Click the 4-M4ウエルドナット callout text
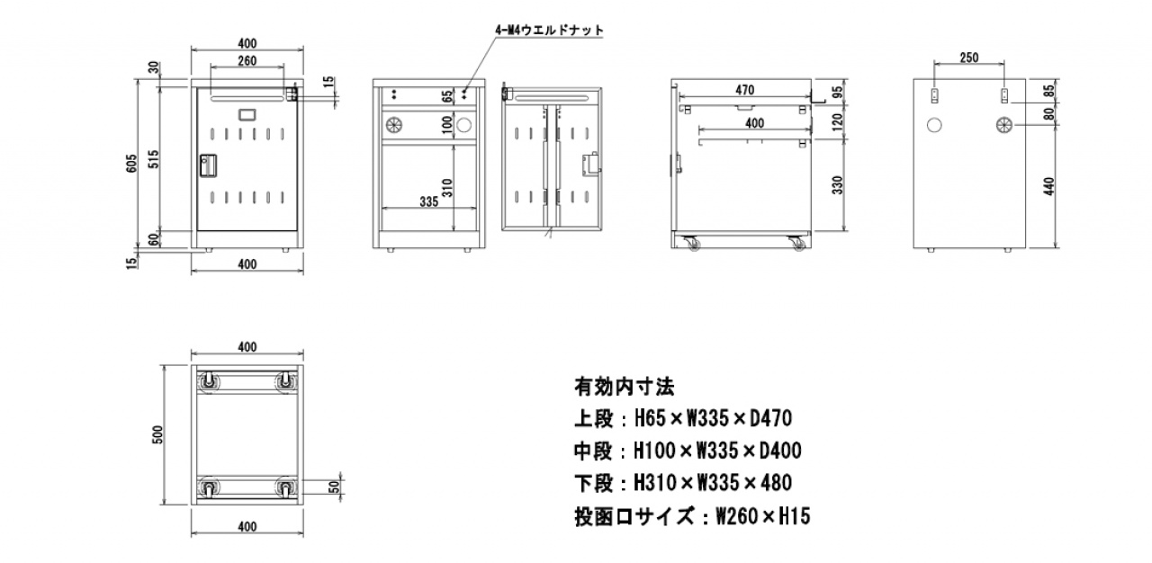point(549,30)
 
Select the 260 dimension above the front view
point(247,61)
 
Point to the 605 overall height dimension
point(132,163)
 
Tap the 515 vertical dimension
point(154,159)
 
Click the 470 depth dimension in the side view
point(743,89)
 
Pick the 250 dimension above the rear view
point(968,58)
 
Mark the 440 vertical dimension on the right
point(1048,186)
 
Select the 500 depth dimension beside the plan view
point(157,435)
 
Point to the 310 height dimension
point(447,187)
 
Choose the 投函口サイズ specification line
point(692,516)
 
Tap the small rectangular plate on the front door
point(247,114)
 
